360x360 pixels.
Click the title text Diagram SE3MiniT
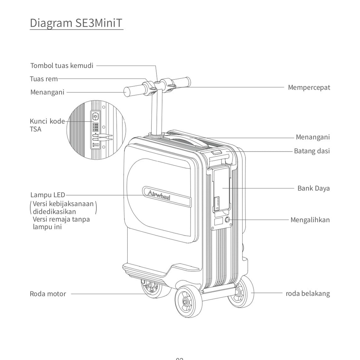[x=76, y=23]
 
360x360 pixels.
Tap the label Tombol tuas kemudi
[x=62, y=66]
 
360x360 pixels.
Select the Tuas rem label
[x=44, y=79]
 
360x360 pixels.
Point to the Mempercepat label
[x=309, y=88]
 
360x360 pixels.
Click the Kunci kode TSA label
[x=47, y=125]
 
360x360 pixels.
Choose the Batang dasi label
[x=312, y=151]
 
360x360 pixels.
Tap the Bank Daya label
[x=314, y=188]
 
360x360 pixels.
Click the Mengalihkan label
[x=310, y=220]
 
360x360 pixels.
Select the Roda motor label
[x=48, y=294]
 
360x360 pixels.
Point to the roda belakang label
[x=308, y=294]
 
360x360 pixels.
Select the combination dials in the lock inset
[x=95, y=127]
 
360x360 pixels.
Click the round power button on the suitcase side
[x=227, y=220]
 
